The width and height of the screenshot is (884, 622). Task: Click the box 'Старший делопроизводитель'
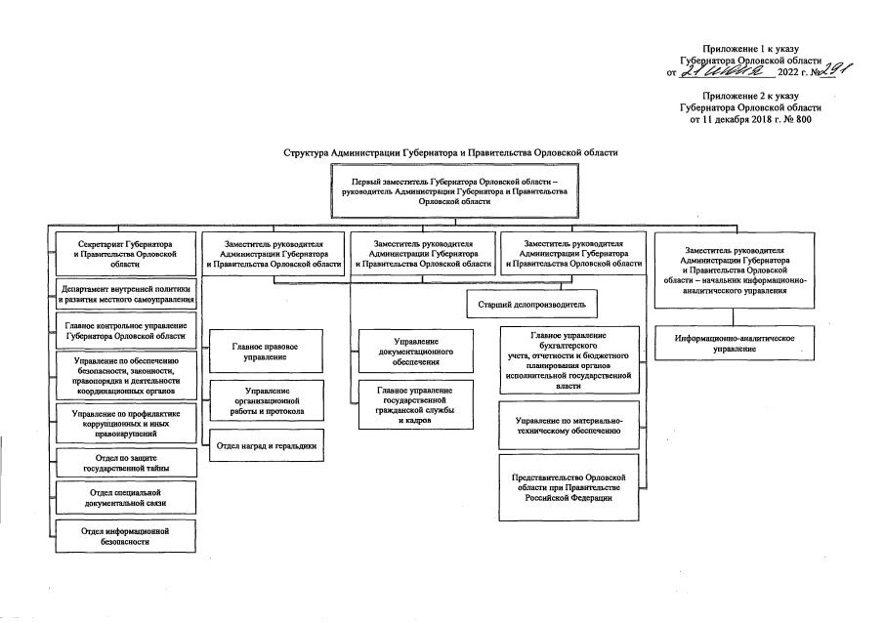click(x=531, y=305)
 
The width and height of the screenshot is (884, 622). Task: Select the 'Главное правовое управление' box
click(x=266, y=352)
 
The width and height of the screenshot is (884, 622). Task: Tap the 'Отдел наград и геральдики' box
click(x=266, y=445)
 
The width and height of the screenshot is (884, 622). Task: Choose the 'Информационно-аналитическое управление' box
click(x=734, y=343)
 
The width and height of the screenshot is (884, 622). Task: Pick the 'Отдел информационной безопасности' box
click(x=126, y=535)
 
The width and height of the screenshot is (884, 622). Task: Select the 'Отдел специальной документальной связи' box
click(x=126, y=496)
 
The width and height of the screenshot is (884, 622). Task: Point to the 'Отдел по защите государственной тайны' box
click(x=126, y=462)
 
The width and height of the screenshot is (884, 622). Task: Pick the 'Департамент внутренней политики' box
click(x=126, y=295)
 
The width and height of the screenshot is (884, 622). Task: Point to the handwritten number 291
click(x=810, y=68)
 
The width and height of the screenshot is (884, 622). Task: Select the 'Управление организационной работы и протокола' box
click(x=266, y=400)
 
